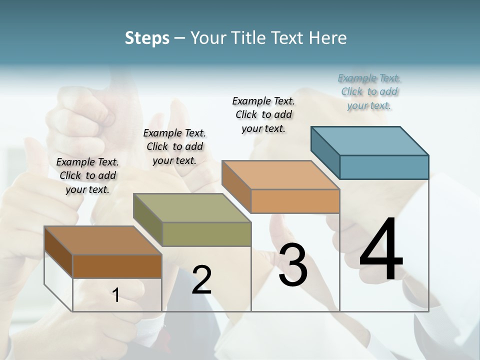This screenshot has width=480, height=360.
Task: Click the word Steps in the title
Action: point(147,38)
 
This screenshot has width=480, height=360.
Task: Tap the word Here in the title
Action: point(327,38)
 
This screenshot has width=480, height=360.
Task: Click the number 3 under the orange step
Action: point(293,265)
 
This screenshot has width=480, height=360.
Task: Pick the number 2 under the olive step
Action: point(201,280)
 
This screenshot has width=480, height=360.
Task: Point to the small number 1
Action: point(116,295)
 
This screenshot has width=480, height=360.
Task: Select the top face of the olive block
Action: point(192,208)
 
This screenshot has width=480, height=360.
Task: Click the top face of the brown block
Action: point(103,240)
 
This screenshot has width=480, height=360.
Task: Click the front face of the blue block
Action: point(384,167)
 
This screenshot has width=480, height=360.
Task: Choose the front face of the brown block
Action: point(117,266)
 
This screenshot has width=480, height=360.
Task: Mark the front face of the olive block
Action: point(206,234)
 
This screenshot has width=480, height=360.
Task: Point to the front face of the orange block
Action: point(295,201)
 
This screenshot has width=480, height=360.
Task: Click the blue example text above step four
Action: point(369,92)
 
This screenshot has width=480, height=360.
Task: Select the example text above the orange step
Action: point(263,114)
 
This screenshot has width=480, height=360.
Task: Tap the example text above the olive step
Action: point(174,146)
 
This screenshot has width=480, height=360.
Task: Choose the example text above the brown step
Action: point(87,175)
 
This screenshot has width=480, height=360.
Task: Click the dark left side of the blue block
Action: point(325,151)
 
